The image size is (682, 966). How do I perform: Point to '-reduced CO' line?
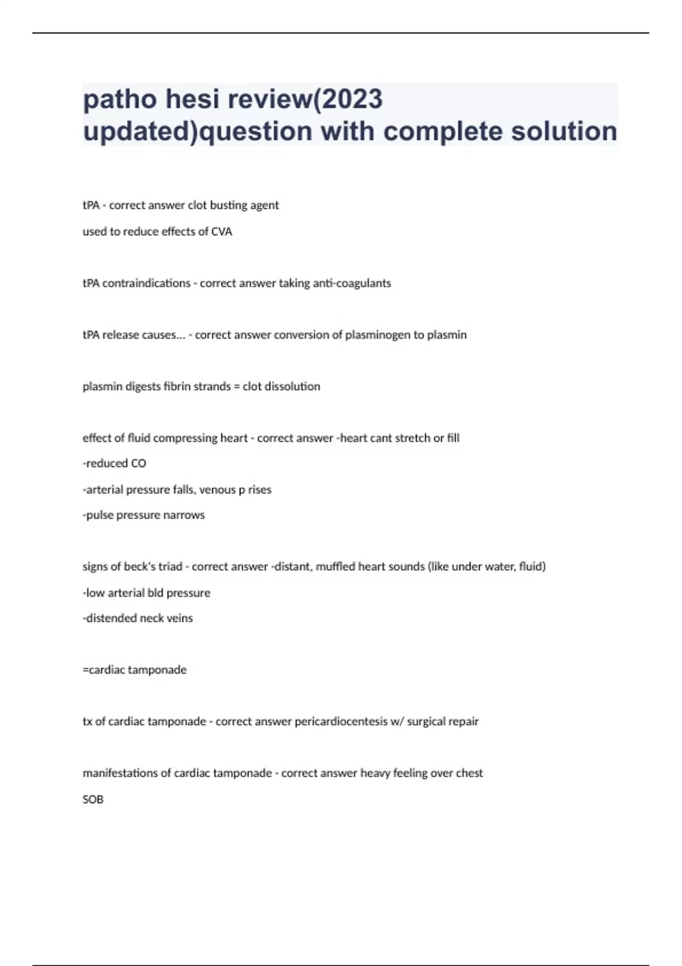pyautogui.click(x=114, y=464)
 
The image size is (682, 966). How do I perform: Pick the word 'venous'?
pyautogui.click(x=217, y=490)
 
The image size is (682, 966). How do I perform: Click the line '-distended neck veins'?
pyautogui.click(x=138, y=618)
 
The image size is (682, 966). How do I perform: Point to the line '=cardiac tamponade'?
pyautogui.click(x=135, y=670)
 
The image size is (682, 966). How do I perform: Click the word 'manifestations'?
pyautogui.click(x=120, y=773)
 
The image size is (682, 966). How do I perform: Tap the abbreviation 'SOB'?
pyautogui.click(x=93, y=800)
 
